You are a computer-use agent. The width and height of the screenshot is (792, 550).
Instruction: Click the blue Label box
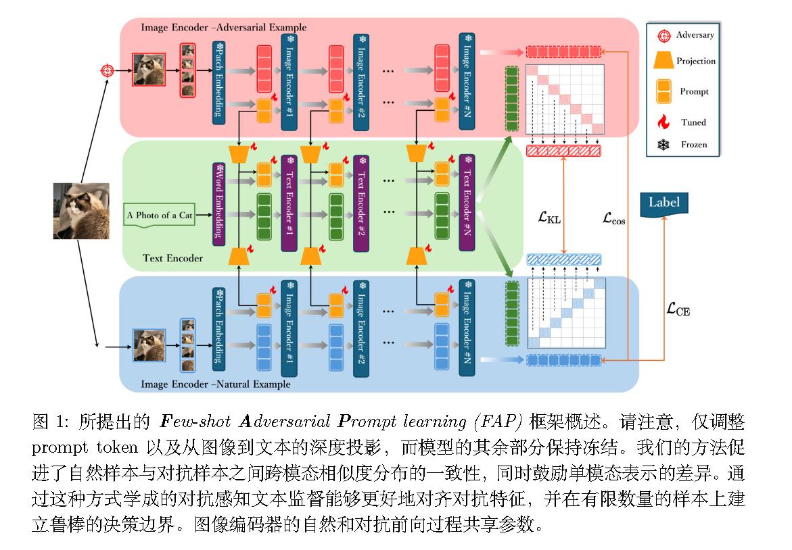(x=663, y=203)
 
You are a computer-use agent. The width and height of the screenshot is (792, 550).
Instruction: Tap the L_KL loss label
(x=549, y=218)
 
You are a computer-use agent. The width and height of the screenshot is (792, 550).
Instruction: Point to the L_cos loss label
(x=614, y=218)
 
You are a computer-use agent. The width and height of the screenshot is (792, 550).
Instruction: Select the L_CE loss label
(x=678, y=309)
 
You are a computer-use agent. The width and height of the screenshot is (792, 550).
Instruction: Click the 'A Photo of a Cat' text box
(x=160, y=216)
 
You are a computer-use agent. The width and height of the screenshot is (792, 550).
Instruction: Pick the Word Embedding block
(x=218, y=201)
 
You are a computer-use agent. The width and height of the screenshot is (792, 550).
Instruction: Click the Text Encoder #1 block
(x=289, y=201)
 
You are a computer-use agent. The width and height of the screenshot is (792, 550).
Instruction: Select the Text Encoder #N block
(x=465, y=201)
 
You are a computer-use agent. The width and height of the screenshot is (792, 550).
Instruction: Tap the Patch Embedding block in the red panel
(x=218, y=79)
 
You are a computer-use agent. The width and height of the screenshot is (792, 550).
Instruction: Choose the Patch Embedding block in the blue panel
(x=218, y=324)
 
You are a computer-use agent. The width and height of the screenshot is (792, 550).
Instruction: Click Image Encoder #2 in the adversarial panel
(x=360, y=79)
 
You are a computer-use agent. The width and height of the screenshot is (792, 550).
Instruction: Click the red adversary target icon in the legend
(x=663, y=34)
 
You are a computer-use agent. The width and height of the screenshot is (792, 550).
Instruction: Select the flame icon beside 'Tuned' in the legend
(x=663, y=122)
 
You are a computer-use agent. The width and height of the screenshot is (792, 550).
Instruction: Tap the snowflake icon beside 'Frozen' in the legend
(x=663, y=145)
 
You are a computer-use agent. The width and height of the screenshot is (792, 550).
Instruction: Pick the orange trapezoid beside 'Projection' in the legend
(x=663, y=61)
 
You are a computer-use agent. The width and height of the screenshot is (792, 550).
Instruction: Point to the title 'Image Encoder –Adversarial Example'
(x=224, y=28)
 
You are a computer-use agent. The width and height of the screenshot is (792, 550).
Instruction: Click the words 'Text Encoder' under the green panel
(x=173, y=257)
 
